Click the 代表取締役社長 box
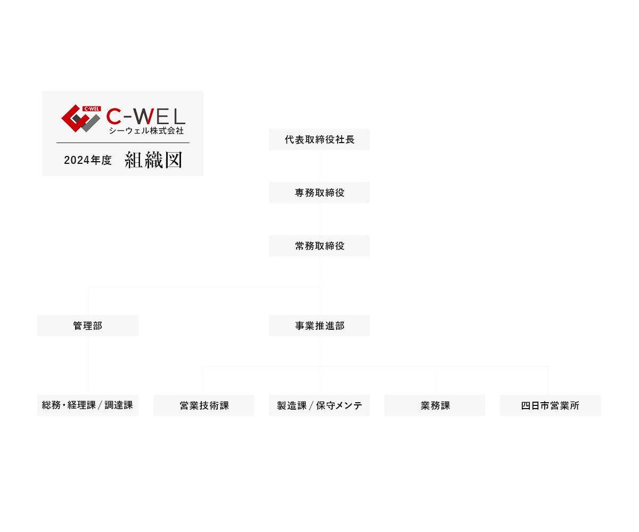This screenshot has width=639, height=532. [319, 139]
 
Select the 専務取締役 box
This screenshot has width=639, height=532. [319, 193]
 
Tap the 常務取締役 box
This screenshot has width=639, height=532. [319, 246]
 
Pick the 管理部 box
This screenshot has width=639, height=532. [88, 326]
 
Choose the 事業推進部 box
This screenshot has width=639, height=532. [319, 326]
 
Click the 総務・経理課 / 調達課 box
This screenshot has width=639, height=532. [88, 405]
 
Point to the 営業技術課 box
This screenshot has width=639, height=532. [203, 405]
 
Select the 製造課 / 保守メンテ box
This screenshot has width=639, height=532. [319, 405]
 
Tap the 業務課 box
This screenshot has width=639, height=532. [435, 405]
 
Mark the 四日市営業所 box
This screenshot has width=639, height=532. [550, 405]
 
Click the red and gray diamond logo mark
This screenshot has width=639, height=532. [80, 119]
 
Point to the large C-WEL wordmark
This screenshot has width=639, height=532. [145, 116]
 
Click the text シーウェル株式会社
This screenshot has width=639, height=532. [146, 130]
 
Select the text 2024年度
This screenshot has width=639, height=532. [88, 160]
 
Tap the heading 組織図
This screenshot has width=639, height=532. [153, 160]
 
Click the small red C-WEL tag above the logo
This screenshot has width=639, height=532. [92, 109]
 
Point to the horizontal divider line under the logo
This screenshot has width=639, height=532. [122, 143]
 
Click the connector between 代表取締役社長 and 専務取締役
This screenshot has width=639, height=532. [319, 166]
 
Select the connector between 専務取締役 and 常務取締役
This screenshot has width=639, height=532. [319, 219]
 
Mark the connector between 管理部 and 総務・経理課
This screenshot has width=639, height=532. [88, 365]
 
